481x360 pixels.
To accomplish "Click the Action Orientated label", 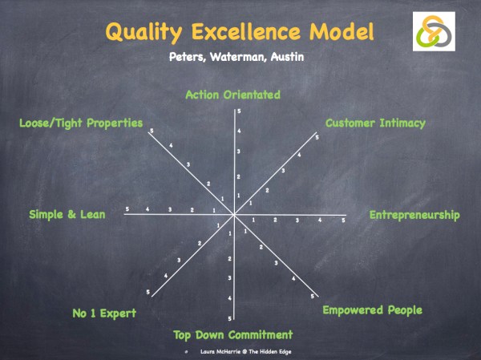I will [x=232, y=95].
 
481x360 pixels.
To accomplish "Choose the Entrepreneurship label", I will [x=414, y=215].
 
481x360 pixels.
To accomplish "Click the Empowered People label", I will [x=372, y=309].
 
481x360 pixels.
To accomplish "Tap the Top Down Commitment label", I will [x=233, y=334].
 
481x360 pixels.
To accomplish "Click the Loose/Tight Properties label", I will [x=81, y=123].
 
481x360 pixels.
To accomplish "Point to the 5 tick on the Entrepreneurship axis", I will [x=343, y=220].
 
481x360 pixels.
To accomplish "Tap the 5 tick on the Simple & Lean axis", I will [x=127, y=209].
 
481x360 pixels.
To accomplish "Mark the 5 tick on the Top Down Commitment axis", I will [x=229, y=319].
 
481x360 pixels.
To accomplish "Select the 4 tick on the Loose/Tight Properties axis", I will [x=171, y=145].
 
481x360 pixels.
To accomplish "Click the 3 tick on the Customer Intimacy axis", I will [x=283, y=171].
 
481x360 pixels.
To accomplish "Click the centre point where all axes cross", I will [x=234, y=215].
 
